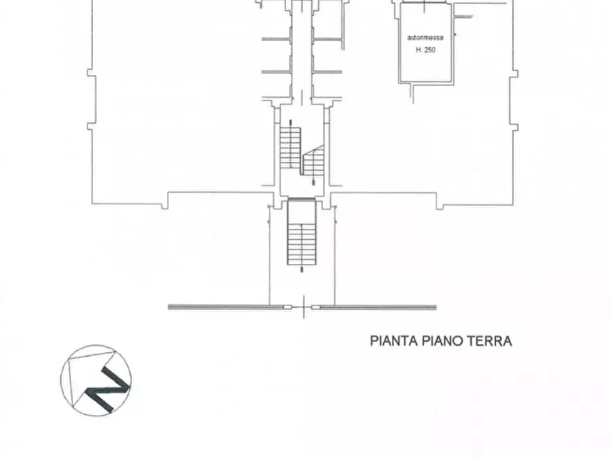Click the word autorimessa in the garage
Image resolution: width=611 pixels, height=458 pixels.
425,38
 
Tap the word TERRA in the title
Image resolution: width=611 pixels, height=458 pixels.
489,340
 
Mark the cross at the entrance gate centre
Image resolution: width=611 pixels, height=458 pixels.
303,308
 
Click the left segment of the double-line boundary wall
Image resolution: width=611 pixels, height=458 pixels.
226,307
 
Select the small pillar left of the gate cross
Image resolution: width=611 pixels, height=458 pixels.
289,308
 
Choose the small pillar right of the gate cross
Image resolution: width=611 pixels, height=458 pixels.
315,308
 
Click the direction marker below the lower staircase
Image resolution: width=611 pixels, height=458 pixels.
302,269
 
